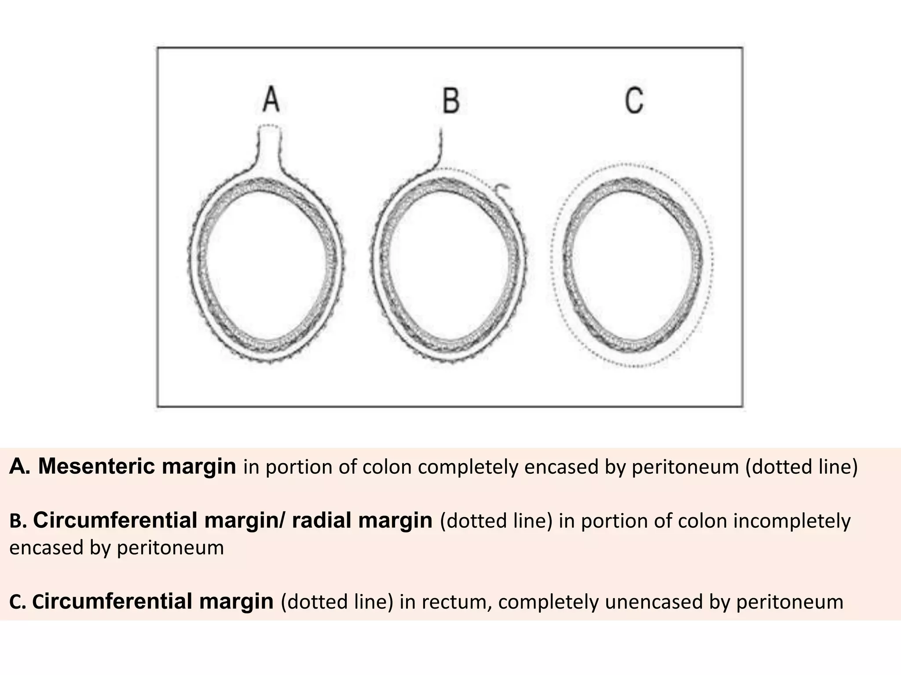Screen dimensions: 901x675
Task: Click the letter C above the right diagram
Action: (x=634, y=100)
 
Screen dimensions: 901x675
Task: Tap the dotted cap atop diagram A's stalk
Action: (x=268, y=127)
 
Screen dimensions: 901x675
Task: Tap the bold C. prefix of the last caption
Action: (x=18, y=602)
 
